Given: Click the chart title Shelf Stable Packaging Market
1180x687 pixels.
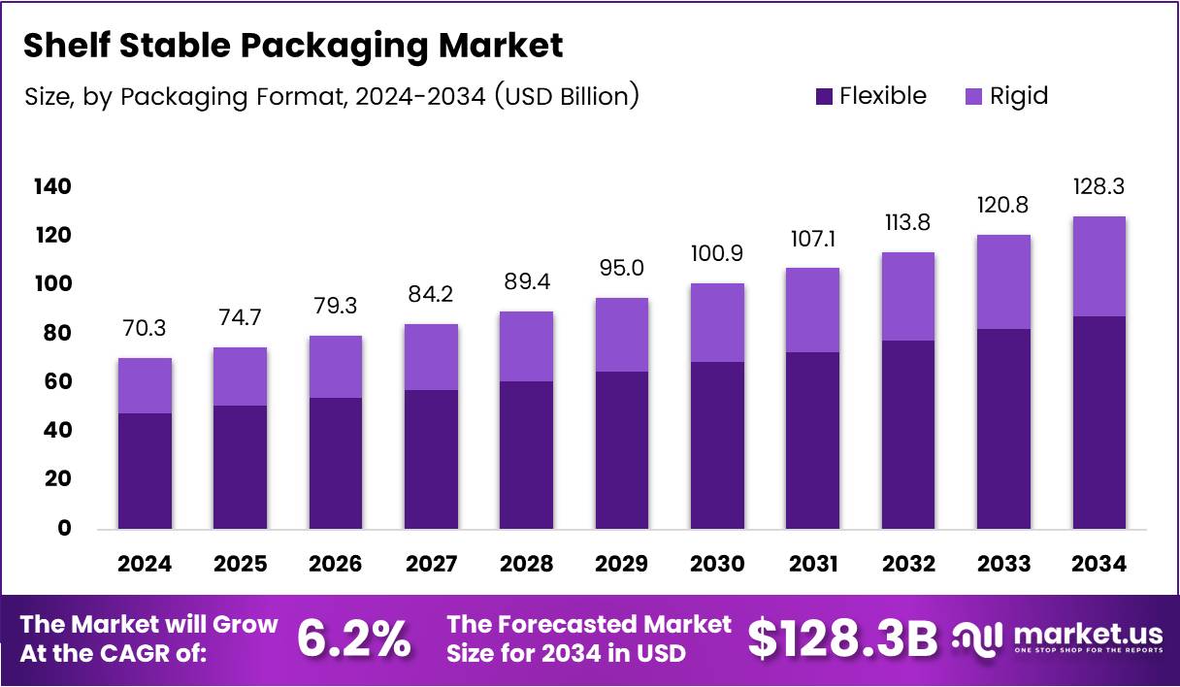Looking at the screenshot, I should (292, 45).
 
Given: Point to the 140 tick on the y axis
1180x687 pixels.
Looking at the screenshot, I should (52, 186).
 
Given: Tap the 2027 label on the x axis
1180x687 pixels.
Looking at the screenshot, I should (431, 564).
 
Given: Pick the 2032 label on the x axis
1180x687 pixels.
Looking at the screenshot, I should (908, 564).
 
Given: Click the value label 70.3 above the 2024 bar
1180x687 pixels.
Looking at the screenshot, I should (145, 329).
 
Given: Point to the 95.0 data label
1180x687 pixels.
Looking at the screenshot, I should (622, 268).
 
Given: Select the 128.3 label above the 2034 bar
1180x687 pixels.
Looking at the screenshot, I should (1099, 186).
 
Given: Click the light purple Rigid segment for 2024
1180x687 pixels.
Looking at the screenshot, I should (145, 386).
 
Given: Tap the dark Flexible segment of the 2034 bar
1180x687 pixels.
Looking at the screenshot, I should (1099, 422).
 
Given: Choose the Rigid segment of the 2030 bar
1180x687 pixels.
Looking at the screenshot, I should (717, 323).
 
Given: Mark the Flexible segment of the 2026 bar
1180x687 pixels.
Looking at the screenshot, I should (336, 463).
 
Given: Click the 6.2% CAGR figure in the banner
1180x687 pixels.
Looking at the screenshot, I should (353, 638).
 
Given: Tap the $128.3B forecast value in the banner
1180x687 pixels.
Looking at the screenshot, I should (842, 638).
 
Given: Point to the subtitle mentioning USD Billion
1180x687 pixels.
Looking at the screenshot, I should (330, 96).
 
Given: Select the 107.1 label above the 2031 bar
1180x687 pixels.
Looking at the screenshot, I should (813, 239).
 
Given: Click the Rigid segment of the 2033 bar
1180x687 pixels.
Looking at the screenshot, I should (1003, 282).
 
